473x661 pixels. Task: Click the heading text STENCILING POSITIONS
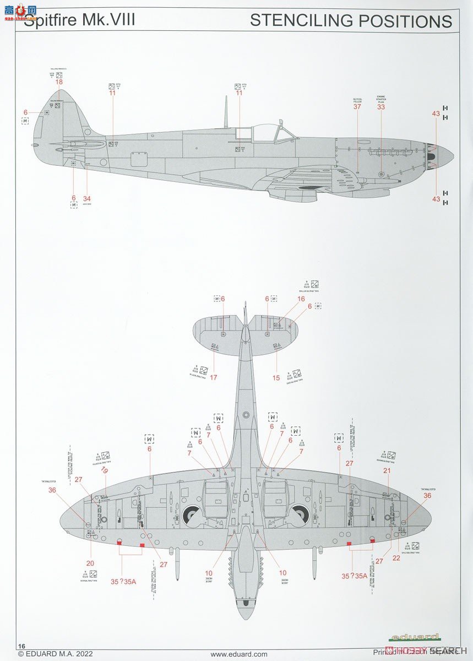351,21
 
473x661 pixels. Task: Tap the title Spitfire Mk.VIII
79,21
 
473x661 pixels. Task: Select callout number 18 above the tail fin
59,82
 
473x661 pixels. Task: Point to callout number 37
357,107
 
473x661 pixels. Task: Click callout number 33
381,107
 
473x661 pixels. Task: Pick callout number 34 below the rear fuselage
86,198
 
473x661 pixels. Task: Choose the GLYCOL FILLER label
357,100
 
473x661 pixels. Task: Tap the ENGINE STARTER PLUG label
381,99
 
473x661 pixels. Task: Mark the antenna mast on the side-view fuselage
226,110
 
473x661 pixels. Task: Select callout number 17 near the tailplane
213,378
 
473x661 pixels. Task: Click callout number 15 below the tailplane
276,378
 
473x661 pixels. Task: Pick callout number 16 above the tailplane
301,299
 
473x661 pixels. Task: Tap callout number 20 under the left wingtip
90,563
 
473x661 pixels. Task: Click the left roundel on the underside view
193,515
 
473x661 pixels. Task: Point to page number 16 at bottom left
22,646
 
